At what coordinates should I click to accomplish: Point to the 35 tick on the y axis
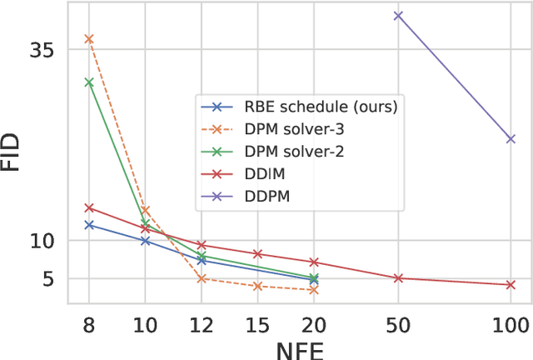(42, 50)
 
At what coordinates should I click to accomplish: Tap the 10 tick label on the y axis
(42, 241)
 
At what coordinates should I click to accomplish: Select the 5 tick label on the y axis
(48, 278)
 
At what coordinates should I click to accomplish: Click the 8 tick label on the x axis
(88, 323)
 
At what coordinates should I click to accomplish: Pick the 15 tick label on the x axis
(257, 323)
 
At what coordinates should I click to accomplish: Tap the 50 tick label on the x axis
(398, 323)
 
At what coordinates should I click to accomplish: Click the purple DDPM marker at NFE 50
(398, 15)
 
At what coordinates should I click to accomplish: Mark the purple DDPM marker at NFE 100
(511, 138)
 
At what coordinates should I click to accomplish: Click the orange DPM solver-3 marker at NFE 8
(88, 38)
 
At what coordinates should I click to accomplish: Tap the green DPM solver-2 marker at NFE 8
(88, 82)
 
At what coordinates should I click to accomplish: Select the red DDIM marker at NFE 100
(511, 285)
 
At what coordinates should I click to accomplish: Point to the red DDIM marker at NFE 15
(257, 253)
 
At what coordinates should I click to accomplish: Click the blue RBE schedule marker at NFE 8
(88, 225)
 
